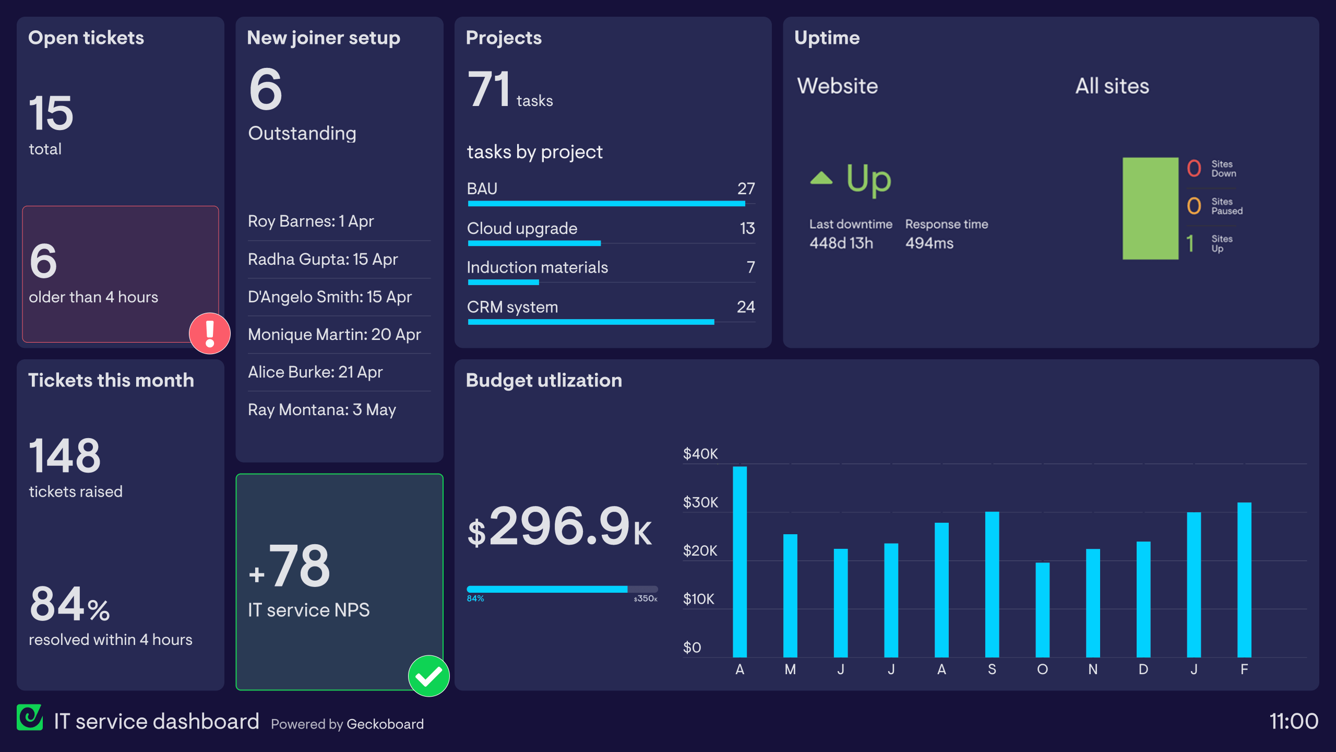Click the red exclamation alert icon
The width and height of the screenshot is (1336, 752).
coord(210,334)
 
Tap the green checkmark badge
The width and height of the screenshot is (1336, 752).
coord(428,676)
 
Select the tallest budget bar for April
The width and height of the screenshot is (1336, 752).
coord(739,561)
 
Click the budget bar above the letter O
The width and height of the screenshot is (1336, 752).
coord(1042,609)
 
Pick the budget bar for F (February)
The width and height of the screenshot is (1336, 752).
coord(1244,580)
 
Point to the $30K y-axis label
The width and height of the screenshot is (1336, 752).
coord(700,502)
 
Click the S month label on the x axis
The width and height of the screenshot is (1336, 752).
coord(992,669)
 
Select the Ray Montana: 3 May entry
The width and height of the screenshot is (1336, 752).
coord(322,410)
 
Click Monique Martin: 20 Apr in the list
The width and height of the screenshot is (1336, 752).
coord(335,335)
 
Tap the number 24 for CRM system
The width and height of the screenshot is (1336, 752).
coord(746,307)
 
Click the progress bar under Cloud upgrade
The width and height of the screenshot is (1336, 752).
coord(534,243)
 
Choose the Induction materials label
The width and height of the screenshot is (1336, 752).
coord(538,268)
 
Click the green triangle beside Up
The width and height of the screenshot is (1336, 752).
coord(821,179)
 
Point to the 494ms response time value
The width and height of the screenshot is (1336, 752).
coord(929,243)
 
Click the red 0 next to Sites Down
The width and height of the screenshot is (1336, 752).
coord(1194,169)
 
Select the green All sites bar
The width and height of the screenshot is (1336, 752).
coord(1150,208)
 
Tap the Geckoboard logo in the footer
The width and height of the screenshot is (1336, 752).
coord(30,718)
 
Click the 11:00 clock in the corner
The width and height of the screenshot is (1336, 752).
coord(1293,722)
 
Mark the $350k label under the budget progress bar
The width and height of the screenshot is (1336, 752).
coord(645,599)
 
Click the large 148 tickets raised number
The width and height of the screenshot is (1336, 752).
coord(65,456)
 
